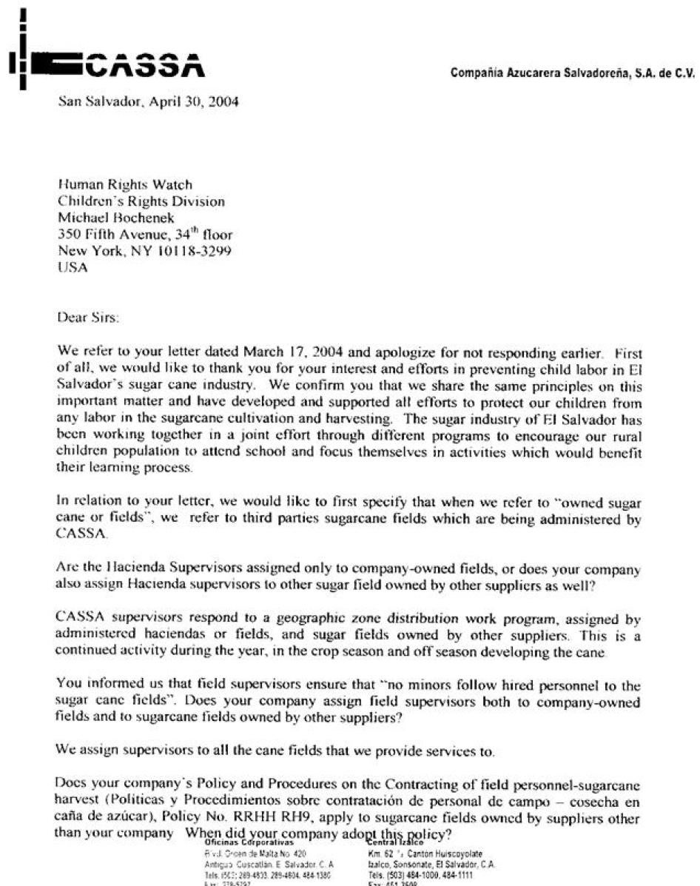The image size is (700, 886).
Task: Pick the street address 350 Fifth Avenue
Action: (x=111, y=235)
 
